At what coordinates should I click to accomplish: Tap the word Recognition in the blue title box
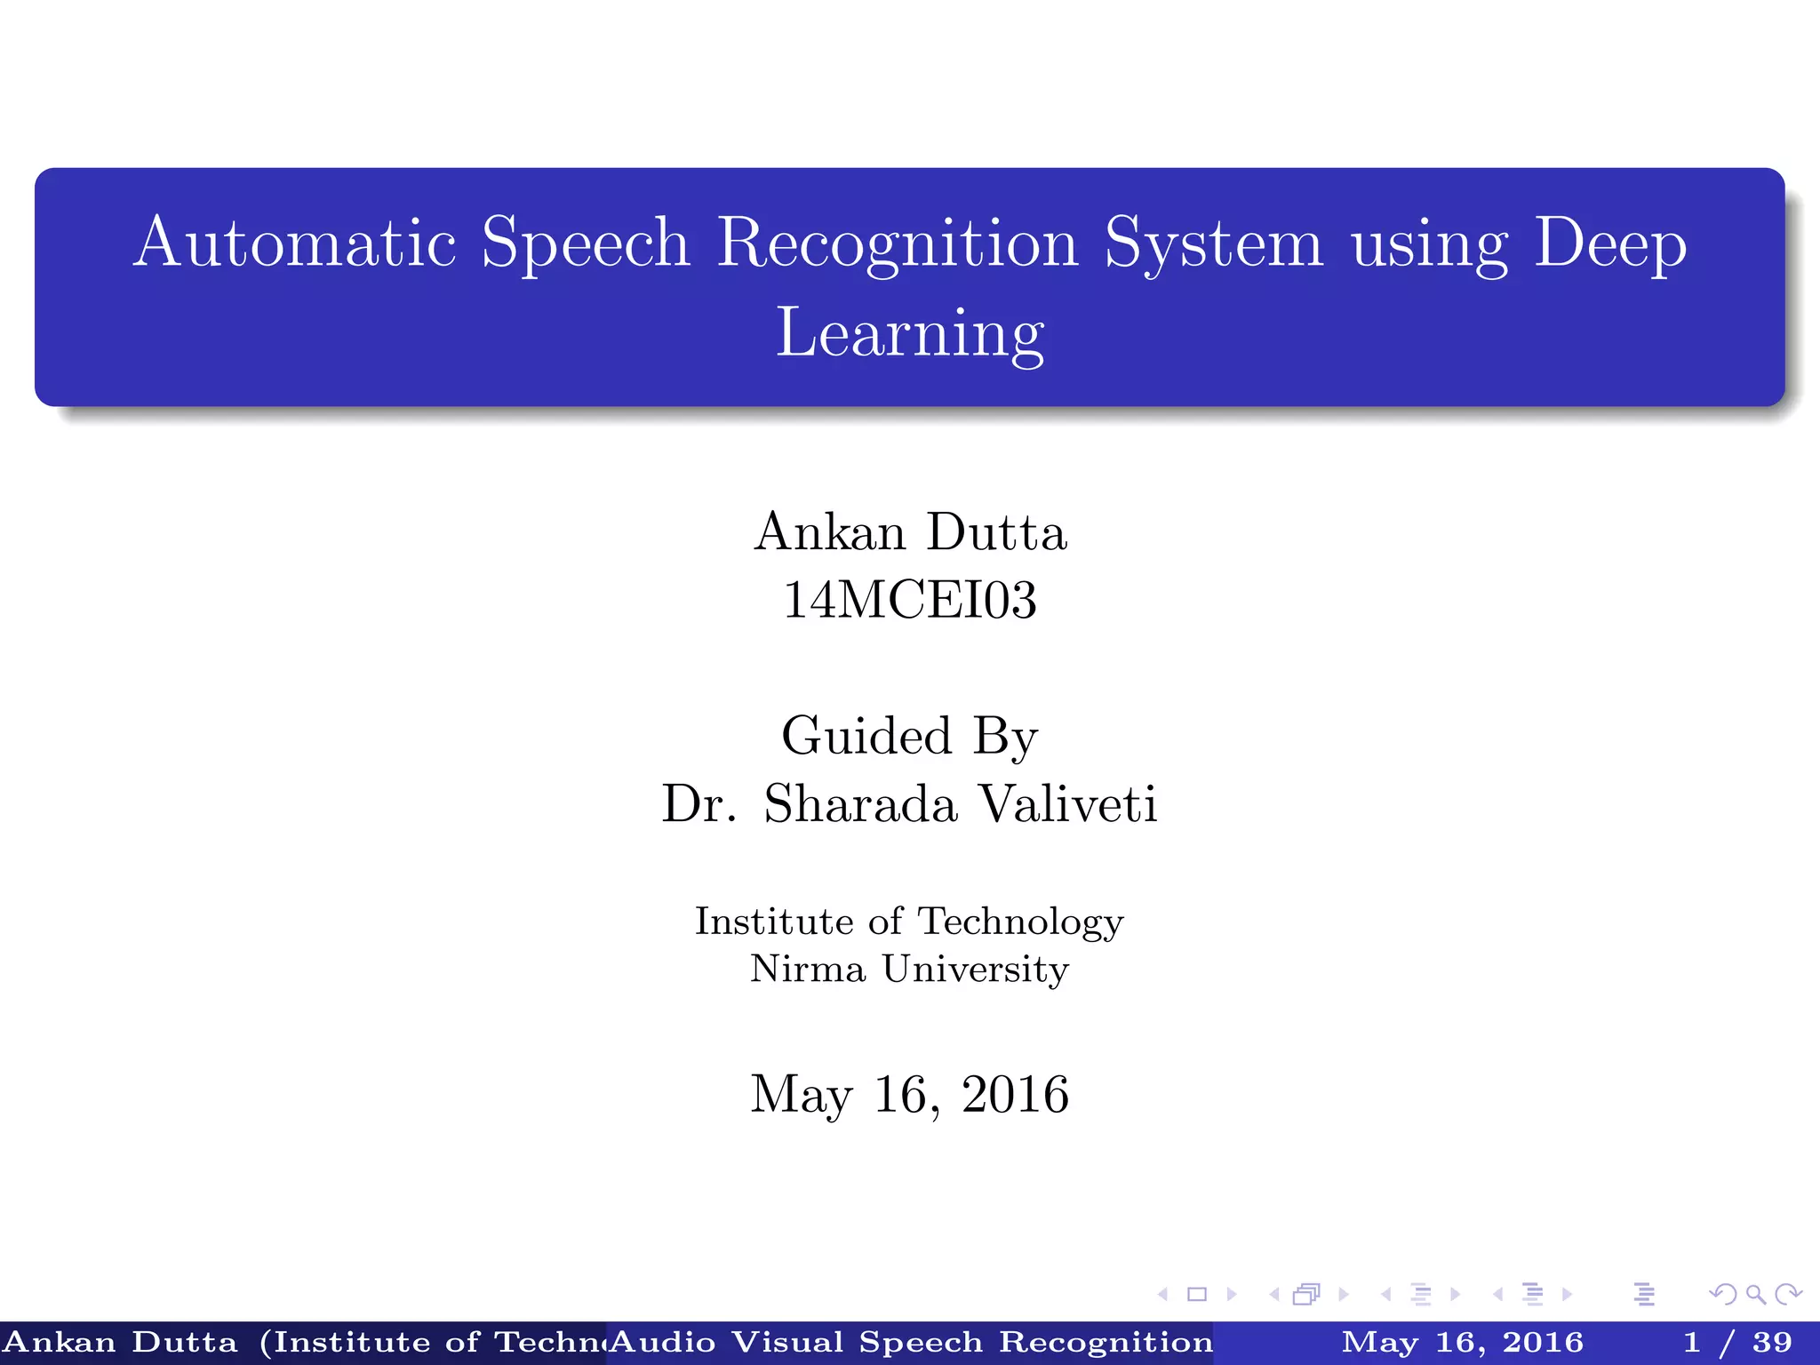(x=898, y=243)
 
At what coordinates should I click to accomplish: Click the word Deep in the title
(x=1609, y=243)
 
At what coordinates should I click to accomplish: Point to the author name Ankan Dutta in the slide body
(x=910, y=532)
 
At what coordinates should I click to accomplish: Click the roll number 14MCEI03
(x=910, y=600)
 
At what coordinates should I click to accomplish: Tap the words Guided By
(x=910, y=737)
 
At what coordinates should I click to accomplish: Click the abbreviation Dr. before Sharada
(x=699, y=804)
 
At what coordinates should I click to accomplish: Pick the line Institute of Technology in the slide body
(x=910, y=922)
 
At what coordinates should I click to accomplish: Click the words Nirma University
(x=910, y=969)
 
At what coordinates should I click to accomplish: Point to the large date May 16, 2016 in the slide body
(x=910, y=1094)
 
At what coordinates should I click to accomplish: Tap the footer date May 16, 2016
(x=1462, y=1342)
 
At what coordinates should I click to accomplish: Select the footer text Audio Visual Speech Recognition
(x=912, y=1342)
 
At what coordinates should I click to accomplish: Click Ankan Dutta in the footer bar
(x=121, y=1342)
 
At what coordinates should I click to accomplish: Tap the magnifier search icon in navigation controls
(x=1755, y=1294)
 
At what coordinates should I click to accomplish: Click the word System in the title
(x=1213, y=243)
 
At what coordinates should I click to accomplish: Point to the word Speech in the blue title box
(x=586, y=243)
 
